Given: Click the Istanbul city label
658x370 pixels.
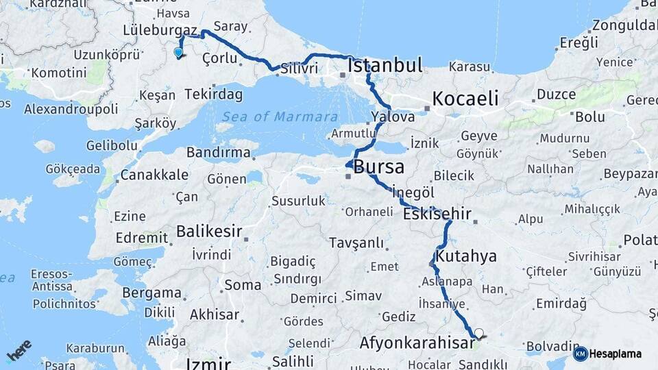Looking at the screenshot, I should (385, 66).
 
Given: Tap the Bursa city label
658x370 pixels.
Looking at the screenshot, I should (378, 167).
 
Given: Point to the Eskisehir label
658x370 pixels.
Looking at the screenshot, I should (437, 214).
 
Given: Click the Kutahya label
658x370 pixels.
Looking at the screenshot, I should (466, 256).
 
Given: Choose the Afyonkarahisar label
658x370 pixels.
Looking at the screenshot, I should (417, 342).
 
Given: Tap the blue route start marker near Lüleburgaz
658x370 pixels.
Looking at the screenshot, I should (178, 52).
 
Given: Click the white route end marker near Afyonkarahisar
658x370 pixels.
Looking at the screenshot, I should (478, 334).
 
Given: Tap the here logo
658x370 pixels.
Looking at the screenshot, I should (19, 351).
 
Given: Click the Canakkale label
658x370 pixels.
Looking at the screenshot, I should (154, 175).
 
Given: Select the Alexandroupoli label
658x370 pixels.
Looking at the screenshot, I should (71, 109).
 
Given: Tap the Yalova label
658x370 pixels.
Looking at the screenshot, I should (393, 117).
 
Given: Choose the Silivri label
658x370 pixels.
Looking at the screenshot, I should (300, 69).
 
